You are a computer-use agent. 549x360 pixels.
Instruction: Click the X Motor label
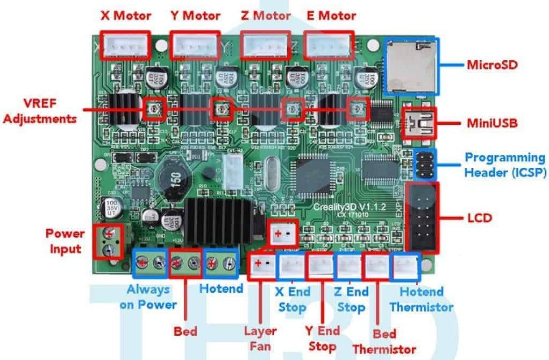point(126,16)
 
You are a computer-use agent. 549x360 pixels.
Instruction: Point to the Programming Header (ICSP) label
point(505,165)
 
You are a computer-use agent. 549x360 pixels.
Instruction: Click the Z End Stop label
point(351,300)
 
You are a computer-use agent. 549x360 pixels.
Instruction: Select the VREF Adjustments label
point(38,110)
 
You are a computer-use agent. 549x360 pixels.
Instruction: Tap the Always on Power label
point(152,297)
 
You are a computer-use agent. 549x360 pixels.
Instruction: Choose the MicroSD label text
point(491,65)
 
